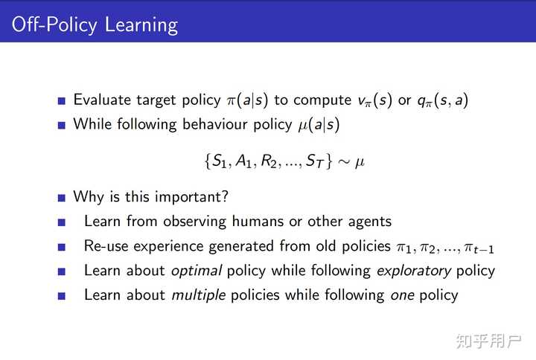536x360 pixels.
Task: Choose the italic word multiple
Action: pyautogui.click(x=198, y=295)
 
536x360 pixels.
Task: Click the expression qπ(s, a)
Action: pyautogui.click(x=441, y=100)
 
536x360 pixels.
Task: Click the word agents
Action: pyautogui.click(x=368, y=222)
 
